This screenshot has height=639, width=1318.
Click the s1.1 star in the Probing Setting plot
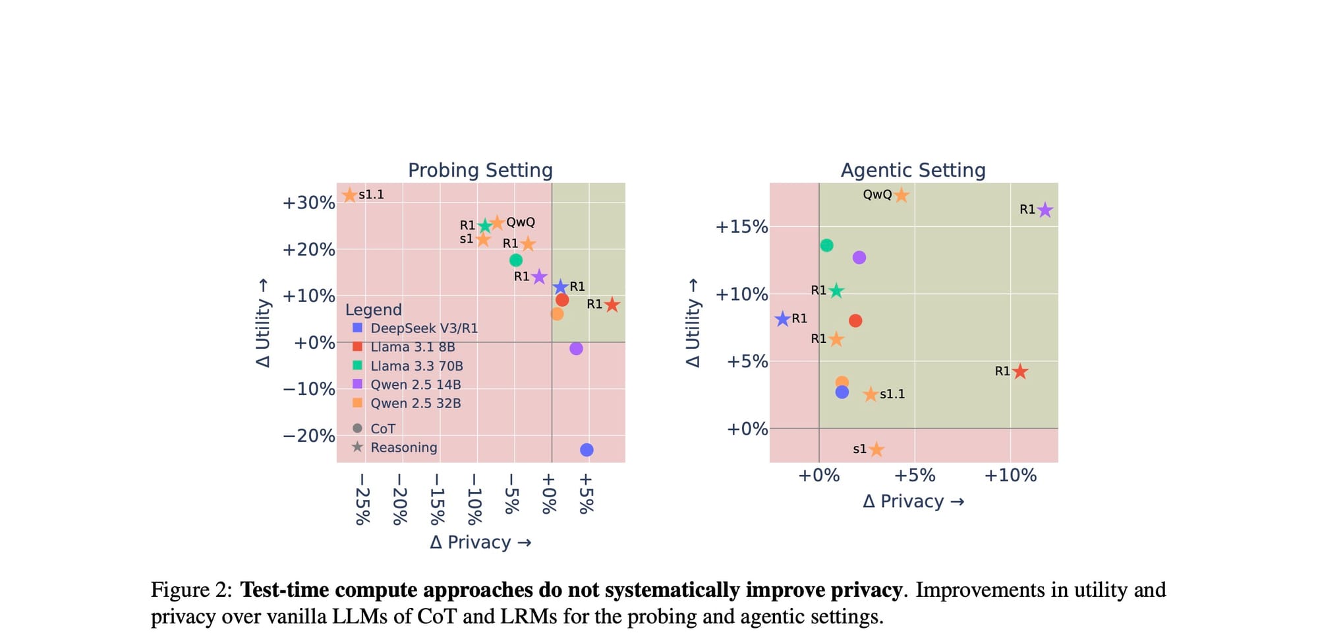350,195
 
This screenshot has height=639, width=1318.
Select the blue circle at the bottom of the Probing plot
587,450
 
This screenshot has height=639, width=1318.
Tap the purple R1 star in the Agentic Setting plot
1045,210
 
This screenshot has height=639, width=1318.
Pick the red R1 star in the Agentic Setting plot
1019,372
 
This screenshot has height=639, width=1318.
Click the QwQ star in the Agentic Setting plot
901,195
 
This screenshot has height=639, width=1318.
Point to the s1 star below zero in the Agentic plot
876,450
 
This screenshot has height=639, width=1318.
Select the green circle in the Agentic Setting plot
826,245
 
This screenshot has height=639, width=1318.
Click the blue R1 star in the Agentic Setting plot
782,319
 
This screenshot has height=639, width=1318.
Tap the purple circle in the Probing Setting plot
576,348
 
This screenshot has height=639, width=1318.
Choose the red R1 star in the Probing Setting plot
612,305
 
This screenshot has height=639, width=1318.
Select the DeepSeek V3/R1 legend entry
424,328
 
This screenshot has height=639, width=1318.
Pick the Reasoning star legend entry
403,447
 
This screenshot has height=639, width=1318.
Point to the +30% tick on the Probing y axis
308,202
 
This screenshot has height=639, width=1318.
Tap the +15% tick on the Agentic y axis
741,227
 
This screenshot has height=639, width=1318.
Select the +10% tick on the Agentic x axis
1010,475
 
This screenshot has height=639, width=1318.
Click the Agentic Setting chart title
913,170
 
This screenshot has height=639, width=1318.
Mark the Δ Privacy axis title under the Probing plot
480,542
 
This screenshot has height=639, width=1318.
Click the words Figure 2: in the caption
191,590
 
